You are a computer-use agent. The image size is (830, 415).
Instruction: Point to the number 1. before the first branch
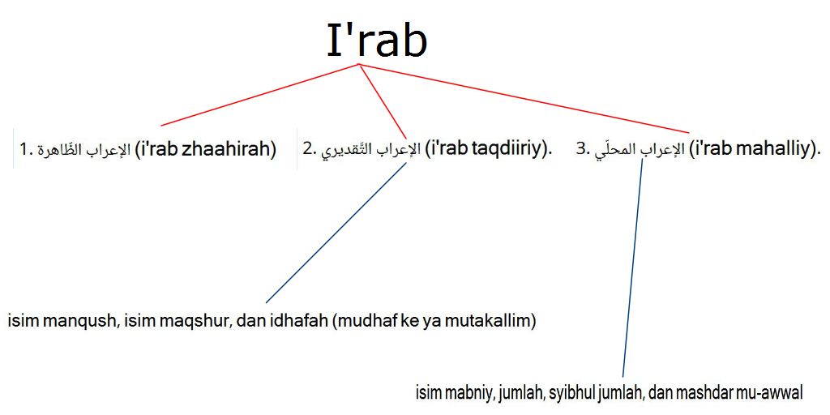point(25,151)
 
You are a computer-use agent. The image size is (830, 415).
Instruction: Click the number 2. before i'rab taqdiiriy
point(310,150)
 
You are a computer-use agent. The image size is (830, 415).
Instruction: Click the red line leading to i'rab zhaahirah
point(259,95)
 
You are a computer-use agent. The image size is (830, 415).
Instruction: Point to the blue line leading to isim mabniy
point(633,267)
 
